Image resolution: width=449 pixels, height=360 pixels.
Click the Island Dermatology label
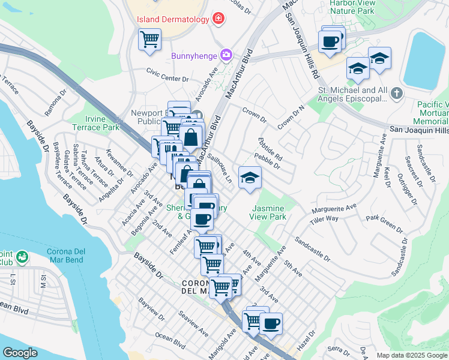173,19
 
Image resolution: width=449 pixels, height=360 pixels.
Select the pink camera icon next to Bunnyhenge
226,55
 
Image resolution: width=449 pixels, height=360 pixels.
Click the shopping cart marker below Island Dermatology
149,40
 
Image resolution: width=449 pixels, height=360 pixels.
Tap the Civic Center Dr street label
167,74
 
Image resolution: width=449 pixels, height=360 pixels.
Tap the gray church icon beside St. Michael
396,93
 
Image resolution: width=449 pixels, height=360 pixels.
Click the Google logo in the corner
20,353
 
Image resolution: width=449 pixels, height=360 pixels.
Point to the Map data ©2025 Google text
411,355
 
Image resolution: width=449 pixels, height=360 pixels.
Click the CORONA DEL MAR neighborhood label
201,287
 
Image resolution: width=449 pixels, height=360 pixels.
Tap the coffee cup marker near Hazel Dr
271,324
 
